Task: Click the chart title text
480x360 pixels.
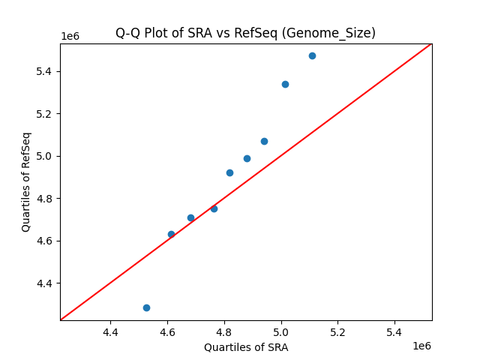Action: [245, 33]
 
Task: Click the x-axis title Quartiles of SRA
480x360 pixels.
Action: [245, 347]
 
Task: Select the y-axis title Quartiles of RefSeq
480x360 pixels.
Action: [26, 181]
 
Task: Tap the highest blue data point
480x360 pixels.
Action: [312, 55]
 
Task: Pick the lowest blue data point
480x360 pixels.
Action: [146, 307]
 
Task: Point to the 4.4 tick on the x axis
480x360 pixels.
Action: [110, 331]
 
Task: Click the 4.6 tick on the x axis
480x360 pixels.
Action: [167, 331]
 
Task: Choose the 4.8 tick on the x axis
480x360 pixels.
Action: [224, 331]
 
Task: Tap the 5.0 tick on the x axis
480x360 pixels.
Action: [281, 331]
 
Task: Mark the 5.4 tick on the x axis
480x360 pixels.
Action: [394, 331]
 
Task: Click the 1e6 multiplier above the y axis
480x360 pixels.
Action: [70, 37]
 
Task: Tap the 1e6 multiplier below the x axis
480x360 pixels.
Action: [421, 346]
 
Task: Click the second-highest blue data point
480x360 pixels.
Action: [285, 84]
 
